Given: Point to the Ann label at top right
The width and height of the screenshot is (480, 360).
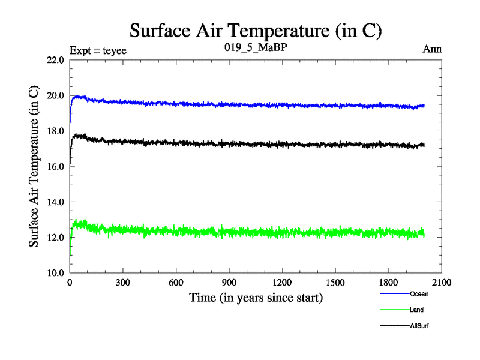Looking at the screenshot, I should [x=432, y=49].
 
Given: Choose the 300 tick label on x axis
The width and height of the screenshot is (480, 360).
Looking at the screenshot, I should [x=123, y=283].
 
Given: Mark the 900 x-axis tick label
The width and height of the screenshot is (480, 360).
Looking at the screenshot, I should [x=229, y=283].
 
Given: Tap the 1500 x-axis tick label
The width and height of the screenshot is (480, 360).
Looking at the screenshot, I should [x=335, y=283].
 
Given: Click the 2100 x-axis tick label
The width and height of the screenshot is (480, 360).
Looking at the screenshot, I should [x=442, y=283].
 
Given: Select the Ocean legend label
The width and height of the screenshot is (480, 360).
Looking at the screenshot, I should [x=419, y=294].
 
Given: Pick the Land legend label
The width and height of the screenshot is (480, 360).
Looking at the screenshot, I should [x=417, y=310].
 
